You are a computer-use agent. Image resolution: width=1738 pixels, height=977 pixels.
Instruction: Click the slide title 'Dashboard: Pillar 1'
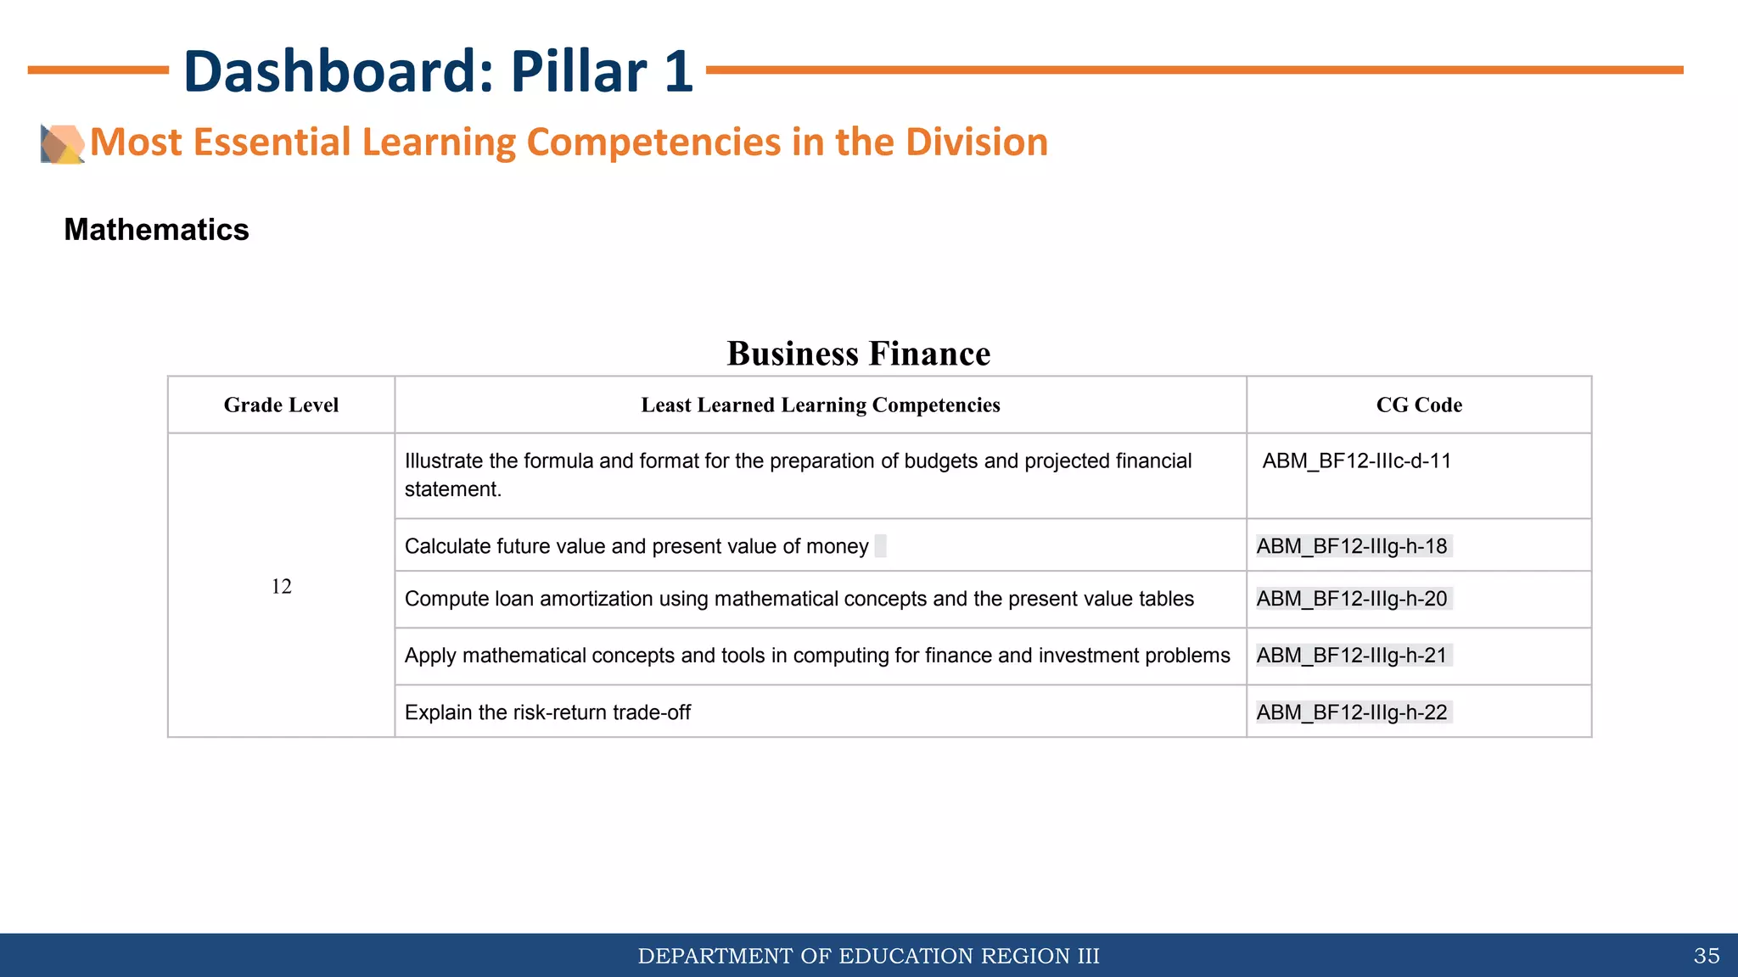438,71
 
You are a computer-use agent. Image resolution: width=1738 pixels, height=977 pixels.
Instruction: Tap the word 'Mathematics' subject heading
156,230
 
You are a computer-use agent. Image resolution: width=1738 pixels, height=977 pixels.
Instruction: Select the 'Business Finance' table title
858,354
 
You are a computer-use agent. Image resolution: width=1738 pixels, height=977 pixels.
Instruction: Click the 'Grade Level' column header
281,405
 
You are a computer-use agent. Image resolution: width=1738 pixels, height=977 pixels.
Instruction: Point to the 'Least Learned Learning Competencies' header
820,405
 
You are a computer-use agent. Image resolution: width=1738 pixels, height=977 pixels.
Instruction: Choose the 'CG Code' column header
1419,405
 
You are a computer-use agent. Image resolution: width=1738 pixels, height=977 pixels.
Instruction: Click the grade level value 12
281,586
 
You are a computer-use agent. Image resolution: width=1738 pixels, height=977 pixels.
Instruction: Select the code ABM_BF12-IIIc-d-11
1356,461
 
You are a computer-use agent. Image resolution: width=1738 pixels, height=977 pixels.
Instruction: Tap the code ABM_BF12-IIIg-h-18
1352,546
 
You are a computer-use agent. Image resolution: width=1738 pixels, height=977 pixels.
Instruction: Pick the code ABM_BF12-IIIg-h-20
1352,599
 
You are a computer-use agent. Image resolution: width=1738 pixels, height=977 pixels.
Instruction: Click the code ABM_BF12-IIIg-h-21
1352,656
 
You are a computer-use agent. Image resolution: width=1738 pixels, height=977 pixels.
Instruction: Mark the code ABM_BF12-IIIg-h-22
1352,712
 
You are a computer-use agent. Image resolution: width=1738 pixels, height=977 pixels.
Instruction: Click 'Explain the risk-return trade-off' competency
547,712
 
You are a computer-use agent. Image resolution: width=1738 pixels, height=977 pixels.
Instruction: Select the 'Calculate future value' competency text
636,546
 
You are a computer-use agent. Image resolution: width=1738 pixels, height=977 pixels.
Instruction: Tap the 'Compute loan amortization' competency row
799,599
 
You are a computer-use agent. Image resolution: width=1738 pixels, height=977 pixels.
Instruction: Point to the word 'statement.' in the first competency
453,489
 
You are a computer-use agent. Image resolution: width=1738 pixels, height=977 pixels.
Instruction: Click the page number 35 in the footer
1706,957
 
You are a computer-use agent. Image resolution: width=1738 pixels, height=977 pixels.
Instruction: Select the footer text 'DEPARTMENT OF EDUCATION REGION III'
868,957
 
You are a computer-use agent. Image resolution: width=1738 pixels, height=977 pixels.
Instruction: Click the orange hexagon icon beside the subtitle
63,143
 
